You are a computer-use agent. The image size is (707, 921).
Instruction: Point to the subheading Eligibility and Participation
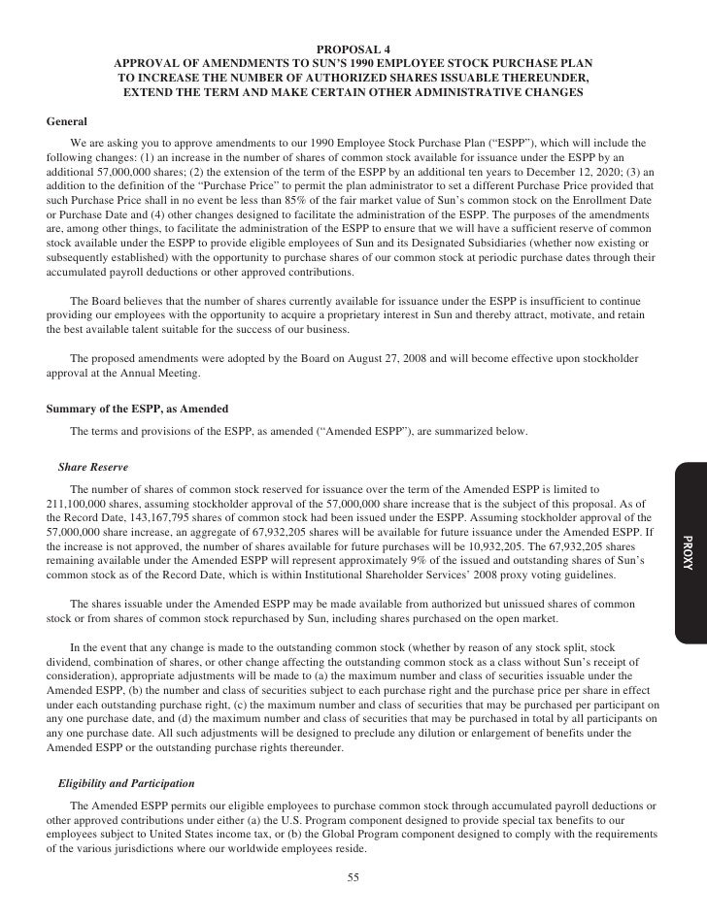click(126, 781)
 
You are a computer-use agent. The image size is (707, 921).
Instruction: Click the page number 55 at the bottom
click(353, 878)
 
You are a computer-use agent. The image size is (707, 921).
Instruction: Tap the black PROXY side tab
click(688, 552)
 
